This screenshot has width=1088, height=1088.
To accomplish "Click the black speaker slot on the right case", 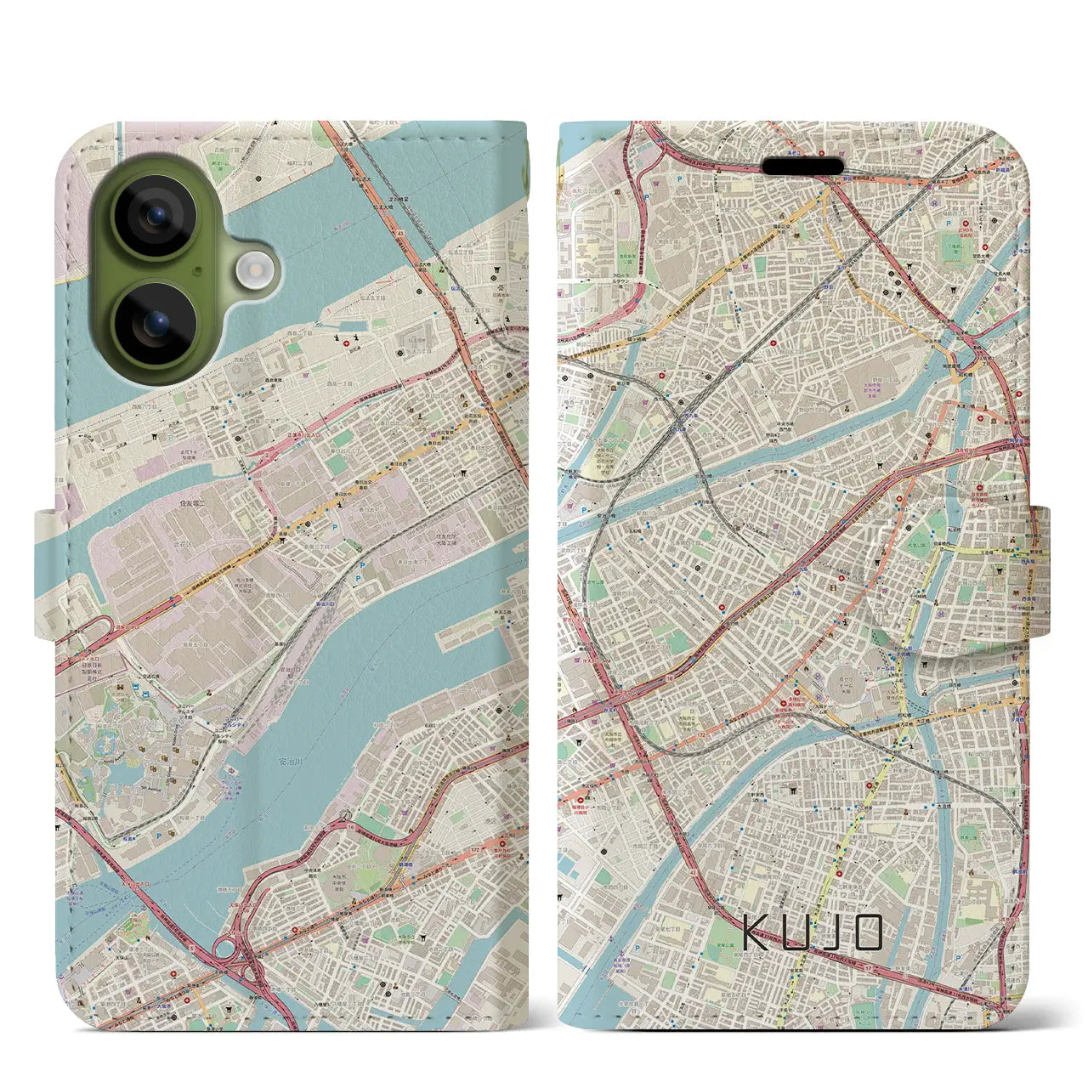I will point(807,164).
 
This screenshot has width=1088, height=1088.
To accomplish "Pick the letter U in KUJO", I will point(796,932).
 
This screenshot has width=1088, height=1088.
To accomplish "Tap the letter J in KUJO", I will point(831,932).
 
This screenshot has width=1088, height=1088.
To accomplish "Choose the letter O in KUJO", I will point(867,932).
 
